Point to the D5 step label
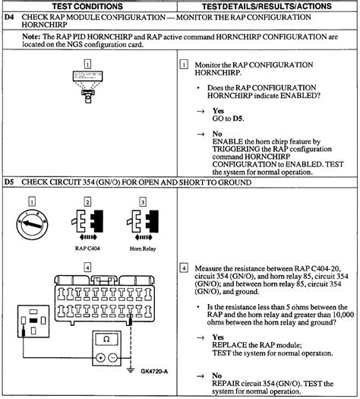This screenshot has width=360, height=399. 9,182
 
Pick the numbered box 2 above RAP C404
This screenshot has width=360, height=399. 88,201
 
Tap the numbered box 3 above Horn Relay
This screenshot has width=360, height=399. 142,201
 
